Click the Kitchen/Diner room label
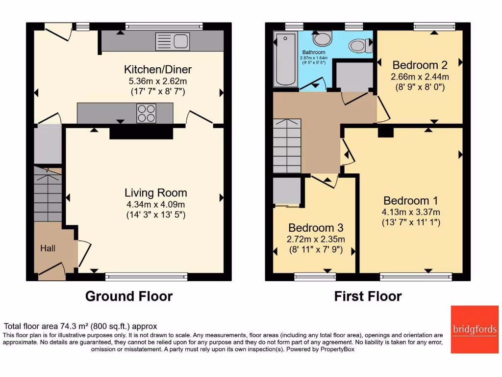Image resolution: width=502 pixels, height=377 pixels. [157, 69]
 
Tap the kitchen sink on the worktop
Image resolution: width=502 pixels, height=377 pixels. [172, 41]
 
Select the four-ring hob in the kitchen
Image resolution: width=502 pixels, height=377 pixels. [146, 113]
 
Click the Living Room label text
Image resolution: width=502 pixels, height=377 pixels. [155, 193]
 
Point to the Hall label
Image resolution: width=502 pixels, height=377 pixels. [48, 248]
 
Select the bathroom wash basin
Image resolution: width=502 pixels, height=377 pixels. [322, 38]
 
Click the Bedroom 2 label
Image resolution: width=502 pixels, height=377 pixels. [420, 65]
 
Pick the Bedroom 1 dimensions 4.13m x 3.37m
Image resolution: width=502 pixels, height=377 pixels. [411, 212]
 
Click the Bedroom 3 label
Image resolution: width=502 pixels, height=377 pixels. [315, 228]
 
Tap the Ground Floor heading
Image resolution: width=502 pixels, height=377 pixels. [129, 296]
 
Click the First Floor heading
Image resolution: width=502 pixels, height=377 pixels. [368, 296]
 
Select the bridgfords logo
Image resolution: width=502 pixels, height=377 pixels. [474, 329]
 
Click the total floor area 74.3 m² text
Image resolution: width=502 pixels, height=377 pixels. [80, 326]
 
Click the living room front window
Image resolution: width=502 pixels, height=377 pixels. [146, 277]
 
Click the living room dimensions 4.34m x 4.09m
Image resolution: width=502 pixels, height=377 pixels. [155, 204]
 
